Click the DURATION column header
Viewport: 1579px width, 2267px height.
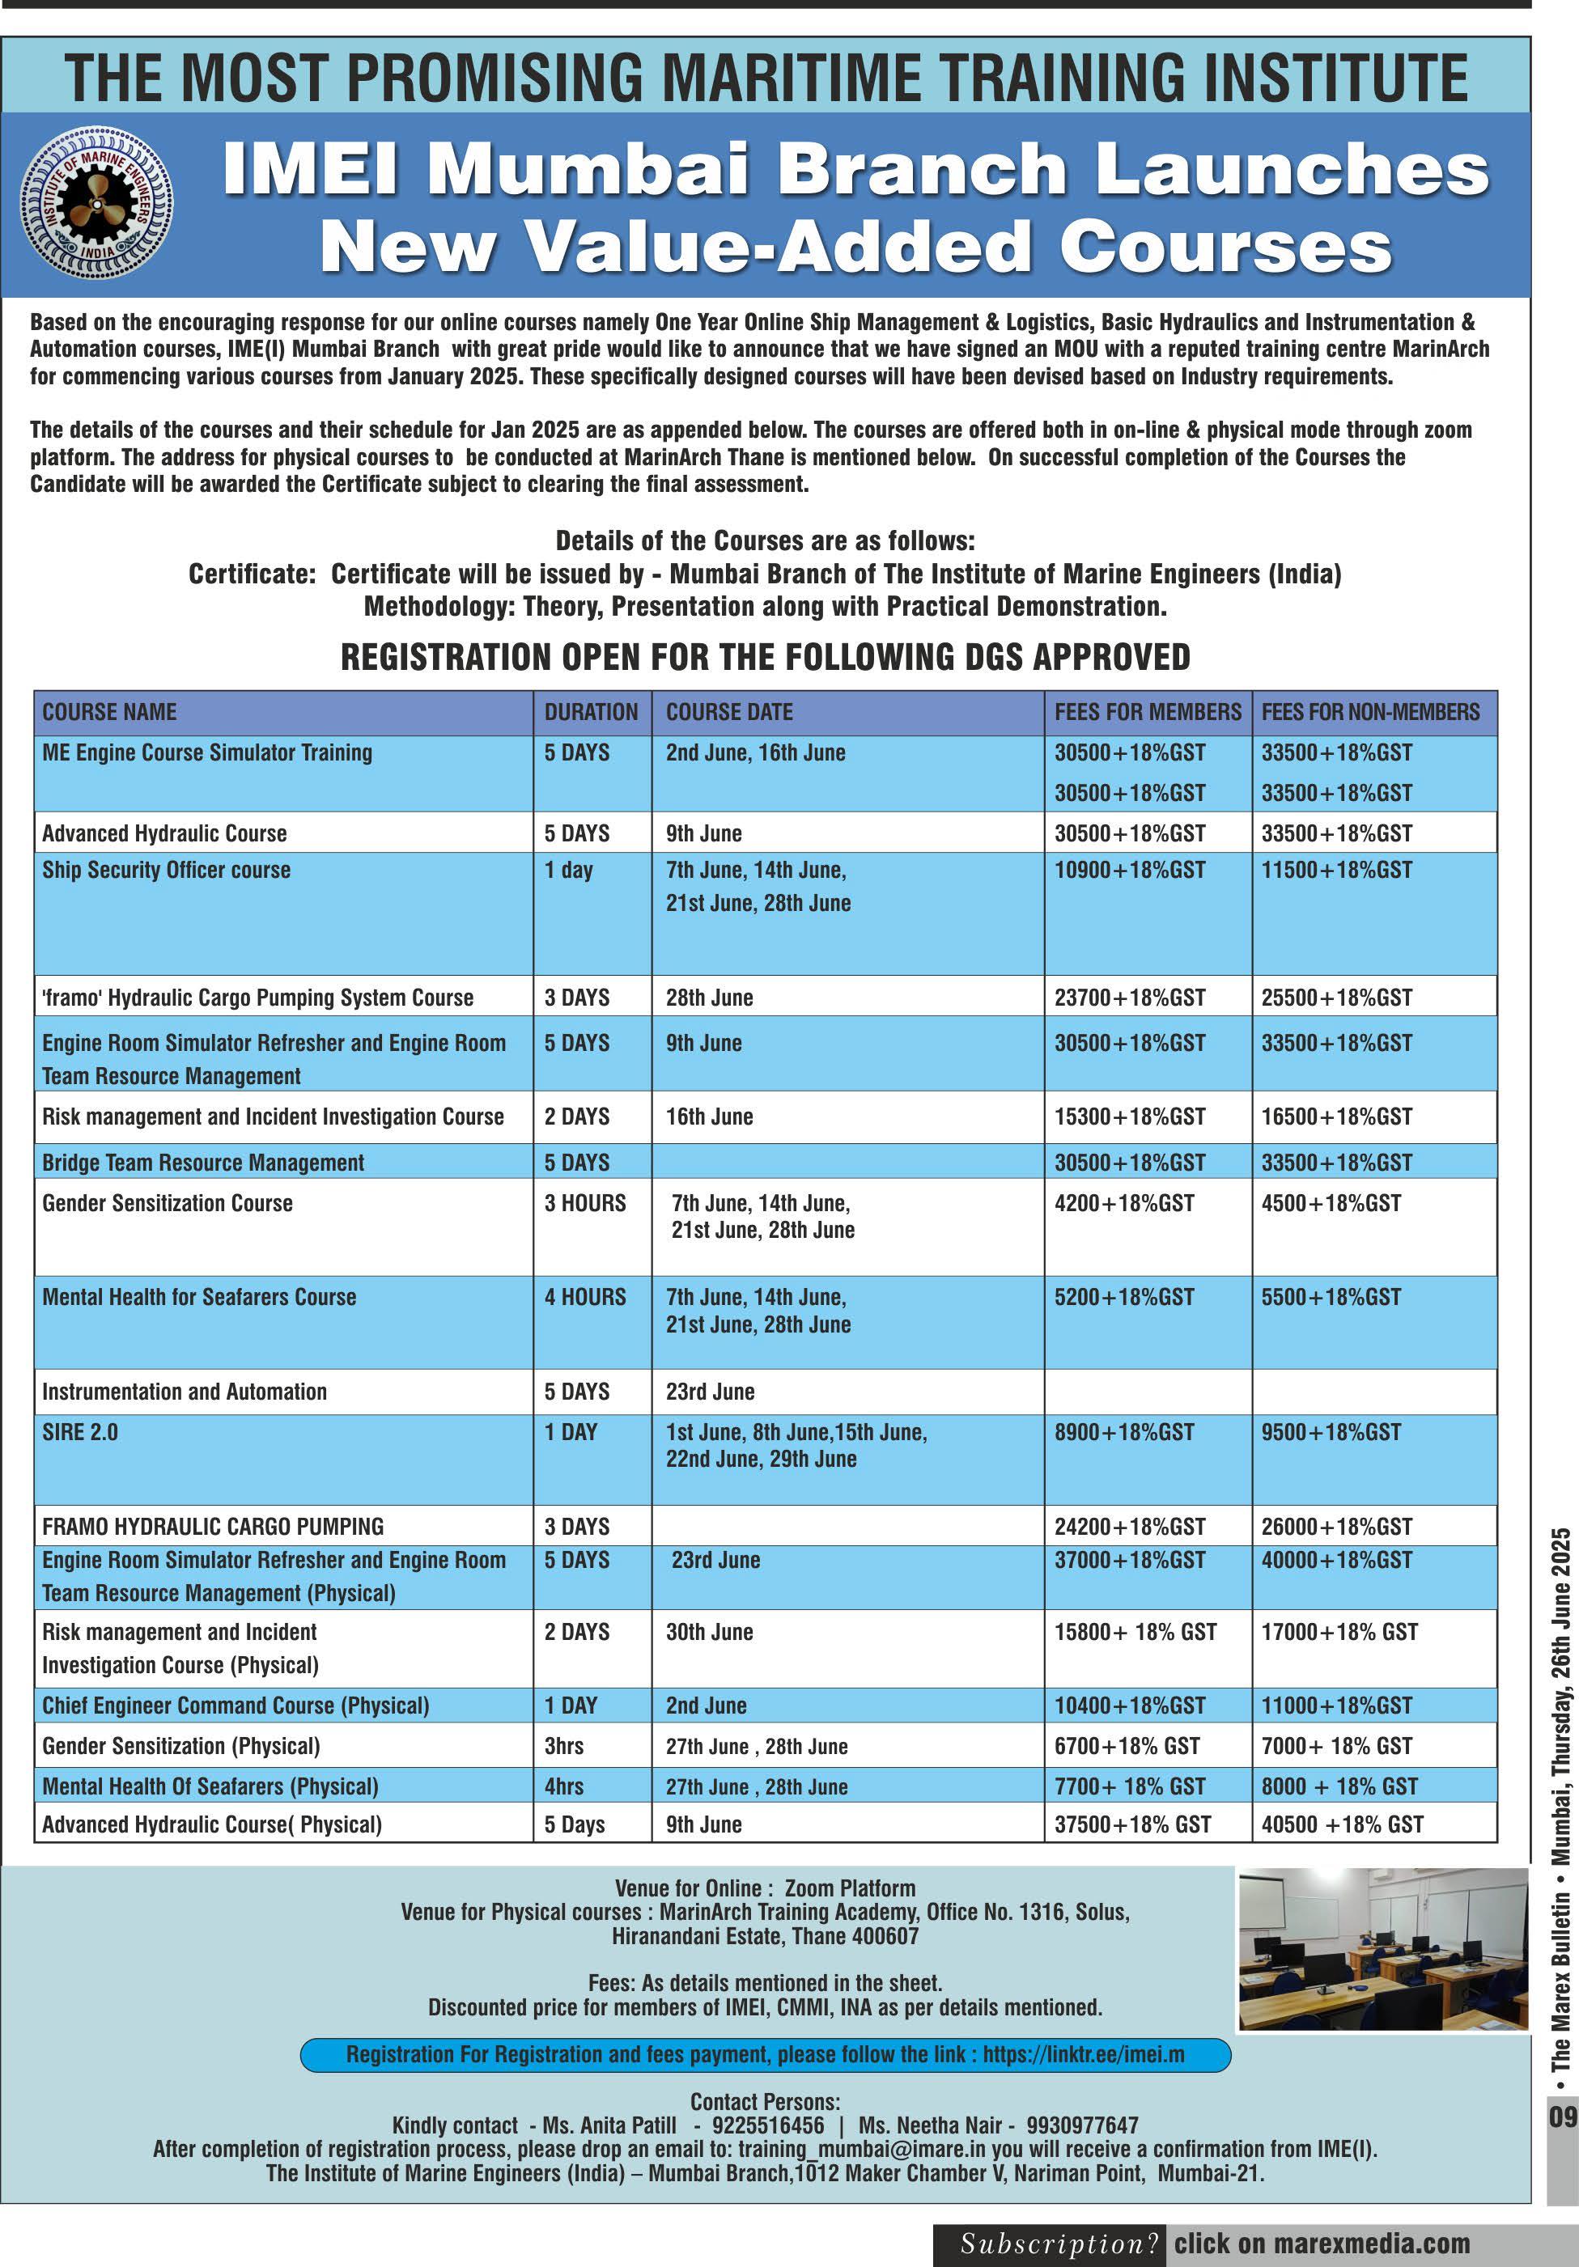591,712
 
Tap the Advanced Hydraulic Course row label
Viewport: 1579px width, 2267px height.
164,833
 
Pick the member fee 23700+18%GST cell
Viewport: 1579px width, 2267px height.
1129,998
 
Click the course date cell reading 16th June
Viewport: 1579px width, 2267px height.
709,1117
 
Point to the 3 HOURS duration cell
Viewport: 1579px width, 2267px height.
584,1202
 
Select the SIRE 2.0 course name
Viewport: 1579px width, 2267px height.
80,1432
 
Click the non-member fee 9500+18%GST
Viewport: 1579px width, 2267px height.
1331,1432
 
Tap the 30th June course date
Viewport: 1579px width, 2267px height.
709,1632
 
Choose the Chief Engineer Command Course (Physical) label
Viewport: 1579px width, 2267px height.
235,1706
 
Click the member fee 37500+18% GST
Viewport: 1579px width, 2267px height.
1131,1824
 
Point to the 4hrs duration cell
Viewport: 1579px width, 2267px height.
564,1786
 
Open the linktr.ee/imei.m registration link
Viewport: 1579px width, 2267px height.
1082,2055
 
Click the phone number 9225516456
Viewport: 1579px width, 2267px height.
767,2125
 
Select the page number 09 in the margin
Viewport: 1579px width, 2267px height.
1562,2117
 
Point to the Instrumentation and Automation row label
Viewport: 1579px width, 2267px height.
184,1392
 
